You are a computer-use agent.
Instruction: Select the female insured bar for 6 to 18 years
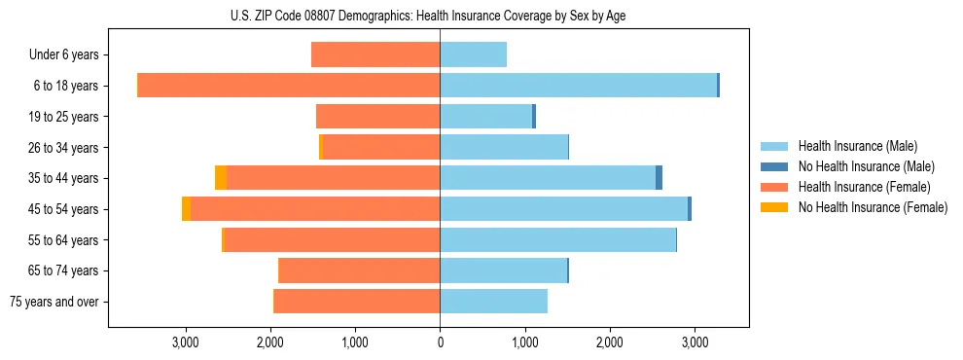pyautogui.click(x=289, y=86)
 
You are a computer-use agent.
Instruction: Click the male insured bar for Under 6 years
pyautogui.click(x=473, y=54)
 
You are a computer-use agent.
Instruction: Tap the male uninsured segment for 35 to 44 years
pyautogui.click(x=659, y=178)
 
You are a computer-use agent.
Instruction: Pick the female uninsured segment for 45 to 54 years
pyautogui.click(x=186, y=209)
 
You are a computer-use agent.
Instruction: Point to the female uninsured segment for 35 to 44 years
pyautogui.click(x=221, y=178)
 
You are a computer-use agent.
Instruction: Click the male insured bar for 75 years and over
pyautogui.click(x=493, y=302)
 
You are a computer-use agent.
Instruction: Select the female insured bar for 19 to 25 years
pyautogui.click(x=378, y=117)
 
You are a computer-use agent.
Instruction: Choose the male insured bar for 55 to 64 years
pyautogui.click(x=557, y=239)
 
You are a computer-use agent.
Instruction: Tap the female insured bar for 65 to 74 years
pyautogui.click(x=359, y=270)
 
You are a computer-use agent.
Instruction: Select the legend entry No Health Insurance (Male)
pyautogui.click(x=865, y=166)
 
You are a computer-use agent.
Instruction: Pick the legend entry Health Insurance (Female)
pyautogui.click(x=863, y=187)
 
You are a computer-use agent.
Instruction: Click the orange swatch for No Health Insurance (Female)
pyautogui.click(x=775, y=207)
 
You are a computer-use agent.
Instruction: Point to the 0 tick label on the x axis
pyautogui.click(x=440, y=342)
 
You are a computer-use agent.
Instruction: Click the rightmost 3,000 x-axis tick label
pyautogui.click(x=694, y=342)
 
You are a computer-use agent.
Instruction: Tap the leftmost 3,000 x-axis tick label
pyautogui.click(x=186, y=342)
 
